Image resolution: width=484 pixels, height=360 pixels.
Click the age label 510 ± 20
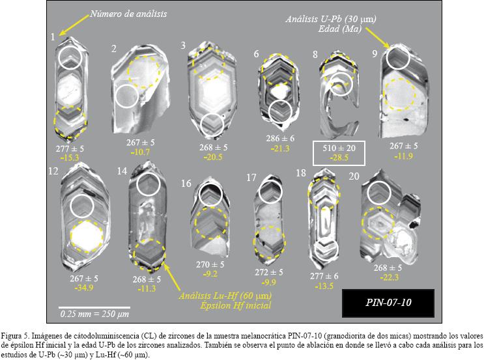click(x=339, y=148)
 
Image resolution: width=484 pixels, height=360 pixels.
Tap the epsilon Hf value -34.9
click(x=84, y=288)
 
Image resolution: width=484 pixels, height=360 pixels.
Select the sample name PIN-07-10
click(x=388, y=302)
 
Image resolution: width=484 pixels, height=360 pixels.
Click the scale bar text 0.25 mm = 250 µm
click(x=94, y=314)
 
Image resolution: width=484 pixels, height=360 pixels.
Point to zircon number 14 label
click(x=122, y=171)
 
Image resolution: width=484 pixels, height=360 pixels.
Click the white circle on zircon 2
click(x=126, y=96)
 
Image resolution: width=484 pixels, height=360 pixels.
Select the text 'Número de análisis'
click(x=128, y=14)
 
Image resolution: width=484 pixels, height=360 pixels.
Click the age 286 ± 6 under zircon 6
click(x=280, y=138)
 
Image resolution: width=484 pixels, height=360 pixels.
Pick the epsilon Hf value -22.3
click(x=390, y=277)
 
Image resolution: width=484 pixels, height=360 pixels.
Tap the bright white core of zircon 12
click(x=87, y=236)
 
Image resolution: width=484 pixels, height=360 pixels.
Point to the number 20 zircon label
click(x=354, y=176)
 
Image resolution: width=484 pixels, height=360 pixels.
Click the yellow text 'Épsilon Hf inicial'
click(x=236, y=305)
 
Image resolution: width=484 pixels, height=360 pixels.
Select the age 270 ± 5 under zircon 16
click(x=210, y=265)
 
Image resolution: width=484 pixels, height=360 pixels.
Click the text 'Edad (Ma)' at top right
click(x=340, y=29)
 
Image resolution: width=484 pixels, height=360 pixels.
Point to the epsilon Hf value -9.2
click(x=210, y=273)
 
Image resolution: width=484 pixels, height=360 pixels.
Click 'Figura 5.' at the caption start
click(x=16, y=335)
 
